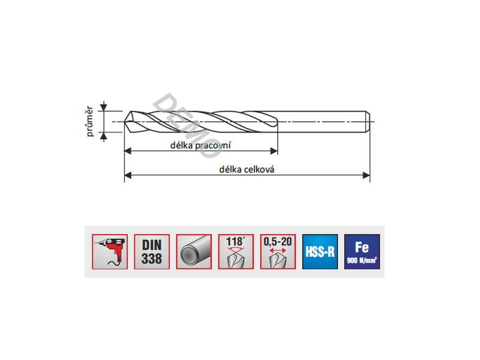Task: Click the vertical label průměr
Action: pyautogui.click(x=89, y=121)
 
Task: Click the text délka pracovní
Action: pyautogui.click(x=200, y=145)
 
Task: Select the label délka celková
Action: pyautogui.click(x=247, y=169)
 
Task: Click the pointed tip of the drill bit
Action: pyautogui.click(x=125, y=122)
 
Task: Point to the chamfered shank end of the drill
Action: pyautogui.click(x=368, y=122)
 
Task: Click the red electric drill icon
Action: pyautogui.click(x=110, y=251)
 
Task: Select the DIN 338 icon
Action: pyautogui.click(x=152, y=251)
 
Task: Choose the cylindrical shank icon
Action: pyautogui.click(x=194, y=251)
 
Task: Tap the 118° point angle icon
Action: pyautogui.click(x=236, y=251)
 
